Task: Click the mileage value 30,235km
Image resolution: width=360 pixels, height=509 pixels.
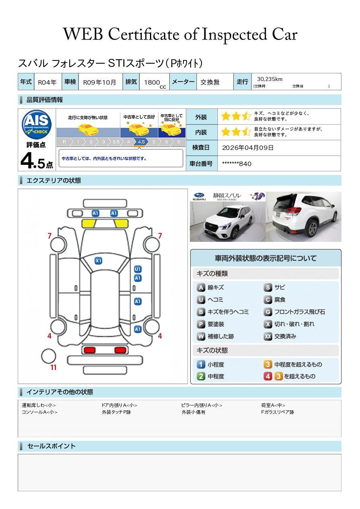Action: pos(269,79)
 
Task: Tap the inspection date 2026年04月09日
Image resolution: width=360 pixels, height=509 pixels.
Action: pos(248,148)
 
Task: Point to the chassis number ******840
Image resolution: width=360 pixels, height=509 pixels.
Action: pos(237,164)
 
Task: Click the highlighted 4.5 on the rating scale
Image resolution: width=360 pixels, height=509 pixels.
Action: pos(141,142)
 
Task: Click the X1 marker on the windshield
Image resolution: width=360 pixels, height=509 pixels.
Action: pos(98,261)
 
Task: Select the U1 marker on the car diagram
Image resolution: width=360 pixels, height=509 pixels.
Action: pos(137,269)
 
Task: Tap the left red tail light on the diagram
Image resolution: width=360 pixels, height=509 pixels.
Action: pos(89,350)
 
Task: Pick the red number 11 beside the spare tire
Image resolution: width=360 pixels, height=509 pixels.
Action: pos(53,368)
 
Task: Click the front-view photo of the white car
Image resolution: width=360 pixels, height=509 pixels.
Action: pos(227,221)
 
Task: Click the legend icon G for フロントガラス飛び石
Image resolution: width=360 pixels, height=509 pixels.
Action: pos(268,312)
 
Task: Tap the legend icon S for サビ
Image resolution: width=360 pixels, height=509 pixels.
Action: pos(268,287)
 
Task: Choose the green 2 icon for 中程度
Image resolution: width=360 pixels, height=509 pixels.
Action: pos(201,376)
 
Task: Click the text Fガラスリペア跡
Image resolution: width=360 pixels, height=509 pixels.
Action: pos(277,412)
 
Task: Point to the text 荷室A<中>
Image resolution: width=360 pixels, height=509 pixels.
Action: pos(273,405)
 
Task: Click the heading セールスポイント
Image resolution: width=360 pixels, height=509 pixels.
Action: pos(51,446)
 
